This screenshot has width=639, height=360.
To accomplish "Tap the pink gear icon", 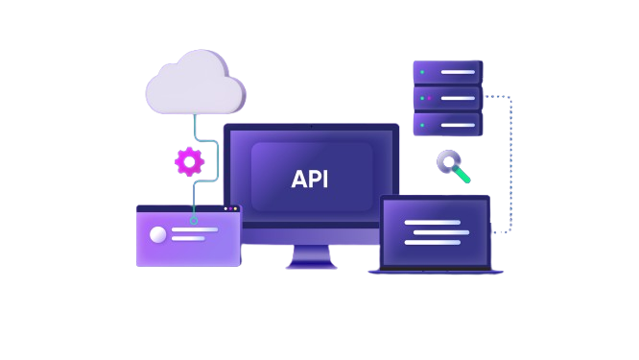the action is tap(189, 160).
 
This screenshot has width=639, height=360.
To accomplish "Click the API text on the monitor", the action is tap(310, 180).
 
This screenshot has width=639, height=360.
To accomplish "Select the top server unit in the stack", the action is tap(447, 72).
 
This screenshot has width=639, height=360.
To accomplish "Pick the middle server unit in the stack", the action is tap(447, 98).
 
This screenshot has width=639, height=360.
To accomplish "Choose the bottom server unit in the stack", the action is tap(447, 124).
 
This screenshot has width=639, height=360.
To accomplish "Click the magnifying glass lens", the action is tap(448, 161).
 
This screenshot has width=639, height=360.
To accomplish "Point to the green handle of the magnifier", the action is tap(463, 177).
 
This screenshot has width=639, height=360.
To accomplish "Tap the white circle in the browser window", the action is tap(158, 235).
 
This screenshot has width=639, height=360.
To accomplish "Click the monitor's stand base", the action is tap(312, 264).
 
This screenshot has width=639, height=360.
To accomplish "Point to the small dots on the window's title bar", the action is tap(230, 208).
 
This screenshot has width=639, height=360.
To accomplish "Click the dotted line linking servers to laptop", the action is tap(510, 163).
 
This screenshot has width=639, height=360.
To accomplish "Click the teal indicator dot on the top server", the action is tap(421, 72).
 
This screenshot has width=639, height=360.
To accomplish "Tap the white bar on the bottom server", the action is tap(459, 125).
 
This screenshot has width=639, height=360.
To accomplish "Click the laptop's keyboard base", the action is tap(436, 272).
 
